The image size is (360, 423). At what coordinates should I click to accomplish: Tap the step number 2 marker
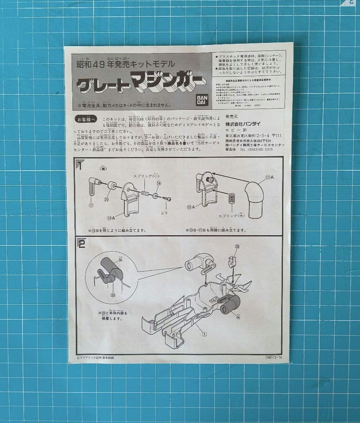[81, 244]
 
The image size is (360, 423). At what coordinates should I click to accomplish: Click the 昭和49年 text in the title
[95, 64]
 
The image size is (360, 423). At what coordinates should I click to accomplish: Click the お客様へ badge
[85, 119]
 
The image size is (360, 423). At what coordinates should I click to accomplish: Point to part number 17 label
[91, 205]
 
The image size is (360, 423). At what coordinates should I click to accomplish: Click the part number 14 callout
[159, 183]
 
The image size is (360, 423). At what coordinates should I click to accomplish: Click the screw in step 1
[166, 198]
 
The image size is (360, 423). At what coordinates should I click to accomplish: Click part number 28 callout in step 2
[237, 247]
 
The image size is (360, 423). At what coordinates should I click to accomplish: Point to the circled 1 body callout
[204, 334]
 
